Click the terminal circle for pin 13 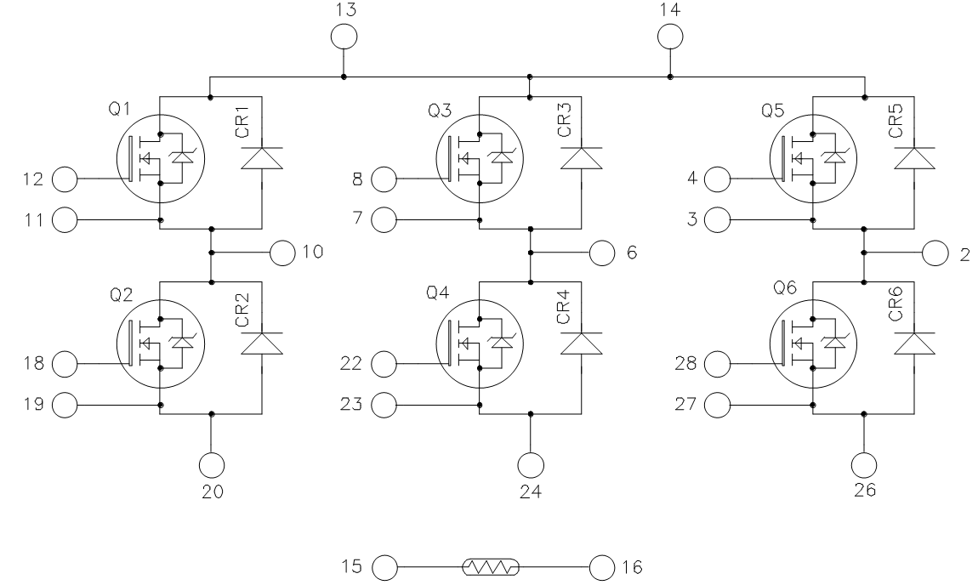click(x=343, y=37)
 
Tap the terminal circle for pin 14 click(x=670, y=37)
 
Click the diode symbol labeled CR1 click(x=261, y=157)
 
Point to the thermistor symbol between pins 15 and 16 click(x=490, y=565)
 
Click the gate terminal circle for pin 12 click(x=65, y=179)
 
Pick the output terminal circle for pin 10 click(x=281, y=252)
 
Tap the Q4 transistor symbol click(x=480, y=344)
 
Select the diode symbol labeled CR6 click(x=914, y=344)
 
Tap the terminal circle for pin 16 click(x=601, y=565)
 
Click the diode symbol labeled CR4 click(x=581, y=344)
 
